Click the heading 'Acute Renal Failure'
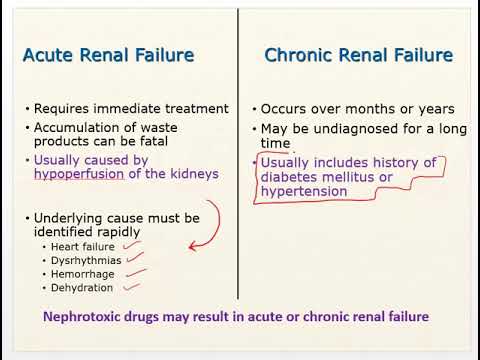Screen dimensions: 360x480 pyautogui.click(x=108, y=55)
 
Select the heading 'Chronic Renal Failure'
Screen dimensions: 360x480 pyautogui.click(x=358, y=55)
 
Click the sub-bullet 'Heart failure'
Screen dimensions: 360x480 pyautogui.click(x=85, y=246)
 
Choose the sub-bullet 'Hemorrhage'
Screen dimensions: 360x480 pyautogui.click(x=83, y=273)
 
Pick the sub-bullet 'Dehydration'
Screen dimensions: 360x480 pyautogui.click(x=84, y=287)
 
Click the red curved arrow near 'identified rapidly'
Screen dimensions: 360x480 pyautogui.click(x=210, y=225)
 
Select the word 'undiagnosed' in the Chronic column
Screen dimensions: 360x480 pyautogui.click(x=340, y=128)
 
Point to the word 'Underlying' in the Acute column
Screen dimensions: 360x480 pyautogui.click(x=70, y=217)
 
